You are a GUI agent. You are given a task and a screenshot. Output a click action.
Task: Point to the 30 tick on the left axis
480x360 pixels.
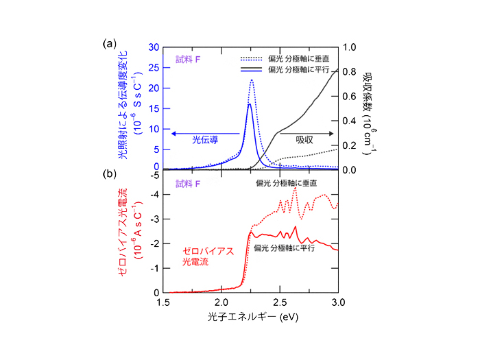tap(154, 47)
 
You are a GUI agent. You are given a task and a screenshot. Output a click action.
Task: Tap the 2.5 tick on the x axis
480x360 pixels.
tap(280, 302)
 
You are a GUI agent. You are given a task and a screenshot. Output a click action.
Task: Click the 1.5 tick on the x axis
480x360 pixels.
tap(163, 302)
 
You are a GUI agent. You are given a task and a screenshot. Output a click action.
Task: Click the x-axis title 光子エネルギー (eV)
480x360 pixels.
tap(251, 319)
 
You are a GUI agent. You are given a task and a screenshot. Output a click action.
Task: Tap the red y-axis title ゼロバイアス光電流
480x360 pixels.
tap(123, 233)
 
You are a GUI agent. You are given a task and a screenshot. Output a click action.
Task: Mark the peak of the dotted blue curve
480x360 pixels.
tap(252, 80)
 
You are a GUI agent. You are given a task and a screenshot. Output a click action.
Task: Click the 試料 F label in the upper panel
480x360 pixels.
tap(188, 59)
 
